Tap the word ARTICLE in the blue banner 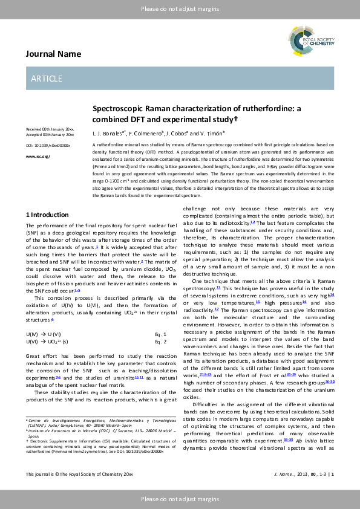pyautogui.click(x=47, y=79)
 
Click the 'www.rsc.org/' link pyautogui.click(x=38, y=156)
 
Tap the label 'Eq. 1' pyautogui.click(x=160, y=334)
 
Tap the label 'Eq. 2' pyautogui.click(x=160, y=342)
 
